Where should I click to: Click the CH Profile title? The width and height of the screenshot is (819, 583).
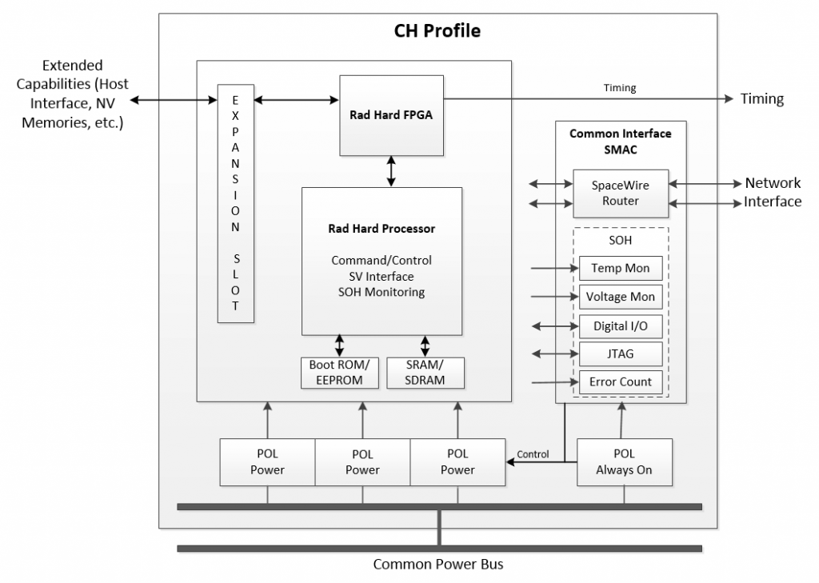click(x=437, y=31)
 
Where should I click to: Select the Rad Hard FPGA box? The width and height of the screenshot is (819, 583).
click(x=391, y=114)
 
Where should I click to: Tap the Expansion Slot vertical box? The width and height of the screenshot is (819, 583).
click(x=236, y=203)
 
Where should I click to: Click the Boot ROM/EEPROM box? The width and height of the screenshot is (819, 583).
click(x=340, y=373)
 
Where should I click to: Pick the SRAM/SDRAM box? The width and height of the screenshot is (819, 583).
click(x=425, y=373)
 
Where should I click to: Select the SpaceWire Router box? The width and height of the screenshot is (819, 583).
click(x=621, y=193)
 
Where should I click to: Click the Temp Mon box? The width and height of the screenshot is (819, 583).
click(x=620, y=268)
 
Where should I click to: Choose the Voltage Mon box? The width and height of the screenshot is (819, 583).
click(x=620, y=297)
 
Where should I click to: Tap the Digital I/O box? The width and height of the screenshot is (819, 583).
click(x=620, y=325)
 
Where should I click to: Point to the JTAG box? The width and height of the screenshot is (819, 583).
click(x=620, y=353)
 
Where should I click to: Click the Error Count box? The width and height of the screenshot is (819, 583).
click(x=620, y=381)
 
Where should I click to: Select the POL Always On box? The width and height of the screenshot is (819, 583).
click(x=624, y=462)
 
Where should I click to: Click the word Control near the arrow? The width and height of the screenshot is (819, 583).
click(x=533, y=454)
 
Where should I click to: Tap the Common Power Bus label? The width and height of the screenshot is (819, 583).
click(x=438, y=565)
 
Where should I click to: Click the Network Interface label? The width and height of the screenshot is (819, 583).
click(x=773, y=192)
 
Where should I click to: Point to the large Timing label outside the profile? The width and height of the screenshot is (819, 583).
click(x=761, y=99)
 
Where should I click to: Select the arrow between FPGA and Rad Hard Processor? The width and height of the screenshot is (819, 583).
click(x=391, y=171)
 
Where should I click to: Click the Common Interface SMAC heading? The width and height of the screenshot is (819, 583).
click(x=621, y=142)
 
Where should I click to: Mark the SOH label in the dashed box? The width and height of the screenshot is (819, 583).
click(x=620, y=241)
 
